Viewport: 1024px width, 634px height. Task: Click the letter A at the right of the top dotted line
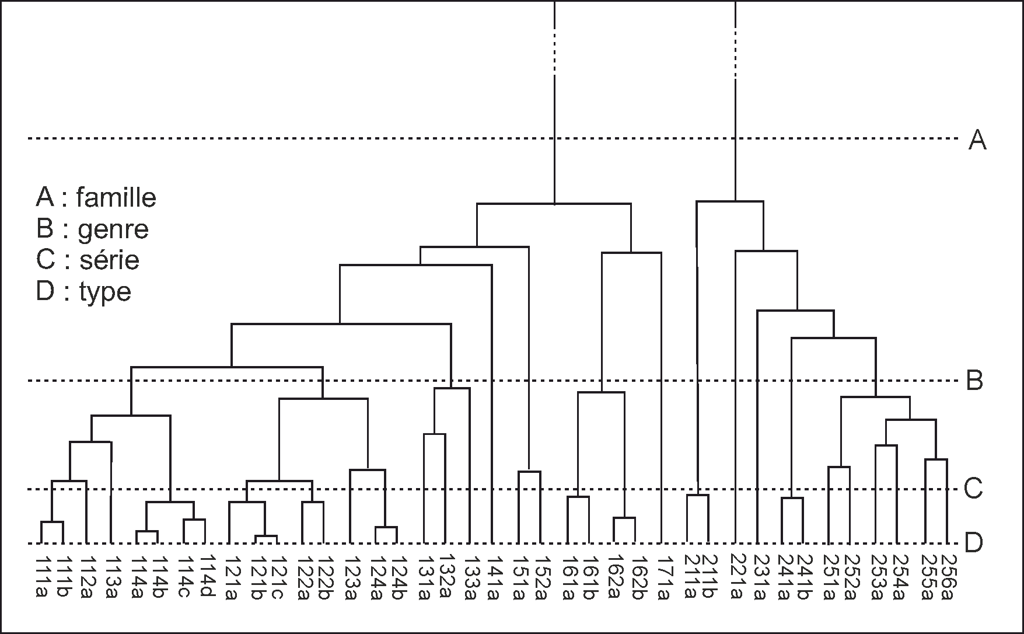977,140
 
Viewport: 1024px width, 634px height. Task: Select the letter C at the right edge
973,489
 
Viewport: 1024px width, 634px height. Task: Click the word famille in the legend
116,198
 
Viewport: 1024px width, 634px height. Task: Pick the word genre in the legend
113,229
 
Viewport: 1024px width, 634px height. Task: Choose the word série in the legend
110,260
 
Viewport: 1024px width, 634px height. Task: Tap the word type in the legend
105,292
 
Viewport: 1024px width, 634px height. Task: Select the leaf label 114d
208,577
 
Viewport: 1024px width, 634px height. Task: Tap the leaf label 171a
663,577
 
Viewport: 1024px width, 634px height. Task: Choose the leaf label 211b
708,577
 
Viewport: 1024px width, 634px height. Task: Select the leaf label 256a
948,577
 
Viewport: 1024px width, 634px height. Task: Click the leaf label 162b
637,577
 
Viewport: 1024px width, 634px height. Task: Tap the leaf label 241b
803,577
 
